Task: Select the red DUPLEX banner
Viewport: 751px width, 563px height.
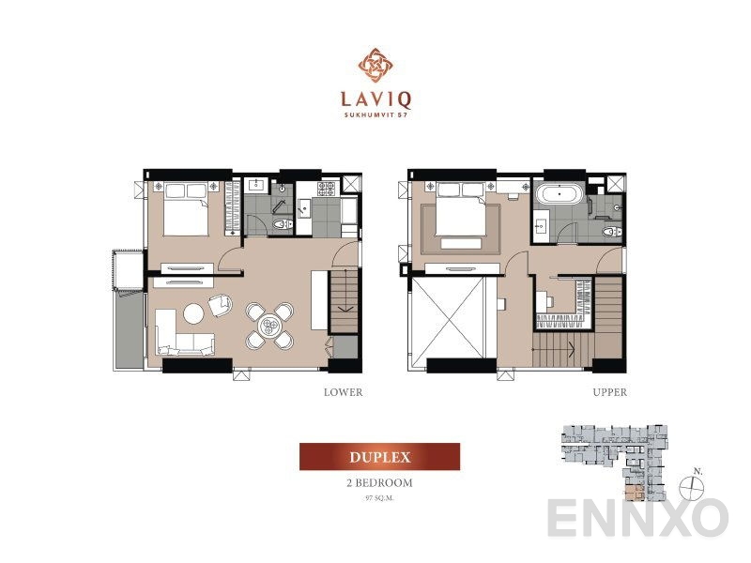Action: [x=379, y=457]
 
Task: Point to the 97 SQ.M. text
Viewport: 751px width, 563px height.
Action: [x=379, y=498]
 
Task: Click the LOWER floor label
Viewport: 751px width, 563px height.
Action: [x=342, y=392]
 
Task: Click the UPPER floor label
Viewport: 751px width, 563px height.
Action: [x=610, y=392]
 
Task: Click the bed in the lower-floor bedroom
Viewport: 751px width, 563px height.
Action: [x=186, y=212]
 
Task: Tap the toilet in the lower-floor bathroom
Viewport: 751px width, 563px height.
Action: [x=282, y=223]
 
